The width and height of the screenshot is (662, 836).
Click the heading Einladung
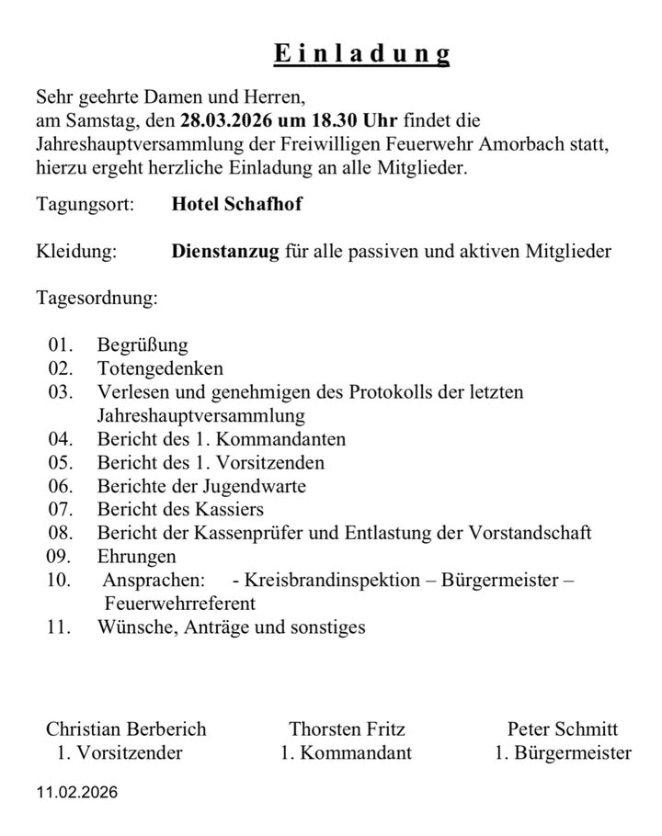coord(362,53)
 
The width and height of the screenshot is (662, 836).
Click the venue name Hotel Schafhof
coord(236,204)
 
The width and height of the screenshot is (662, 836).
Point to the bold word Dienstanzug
coord(224,252)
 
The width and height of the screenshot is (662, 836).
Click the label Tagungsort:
coord(86,204)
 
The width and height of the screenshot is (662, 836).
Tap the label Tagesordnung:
coord(97,299)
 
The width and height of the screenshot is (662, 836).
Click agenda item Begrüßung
coord(143,345)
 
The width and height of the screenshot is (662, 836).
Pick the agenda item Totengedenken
coord(160,369)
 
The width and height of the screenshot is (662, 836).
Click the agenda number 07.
coord(60,510)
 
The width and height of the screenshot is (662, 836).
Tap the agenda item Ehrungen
coord(136,557)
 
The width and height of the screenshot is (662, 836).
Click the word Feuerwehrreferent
coord(180,604)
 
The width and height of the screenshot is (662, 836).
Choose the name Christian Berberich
coord(126,729)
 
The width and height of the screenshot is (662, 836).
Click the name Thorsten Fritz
coord(347,729)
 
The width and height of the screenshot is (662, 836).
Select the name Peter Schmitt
coord(562,729)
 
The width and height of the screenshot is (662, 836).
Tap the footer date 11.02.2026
coord(77,792)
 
